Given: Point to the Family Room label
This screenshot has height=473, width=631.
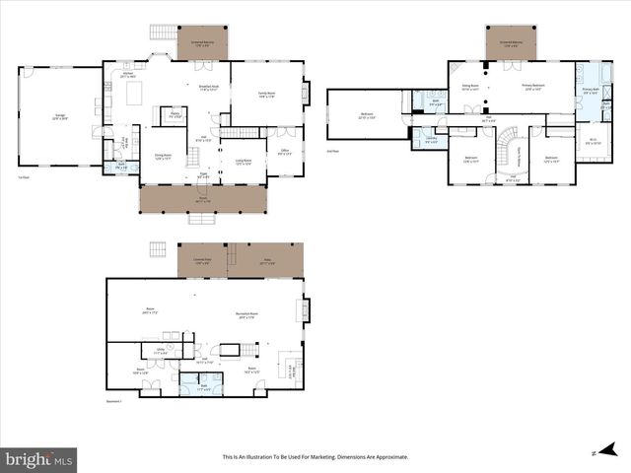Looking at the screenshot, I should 265,96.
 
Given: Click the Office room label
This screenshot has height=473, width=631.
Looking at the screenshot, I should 284,152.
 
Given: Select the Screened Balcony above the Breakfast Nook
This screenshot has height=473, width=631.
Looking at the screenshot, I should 201,42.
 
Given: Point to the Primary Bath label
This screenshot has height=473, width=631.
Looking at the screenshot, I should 591,91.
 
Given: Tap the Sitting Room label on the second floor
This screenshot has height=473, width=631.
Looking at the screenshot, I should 470,87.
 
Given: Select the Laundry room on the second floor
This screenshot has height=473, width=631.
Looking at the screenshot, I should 431,139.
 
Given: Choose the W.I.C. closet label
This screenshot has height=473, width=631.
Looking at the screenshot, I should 592,143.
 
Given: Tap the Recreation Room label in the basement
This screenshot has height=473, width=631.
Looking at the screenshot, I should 246,315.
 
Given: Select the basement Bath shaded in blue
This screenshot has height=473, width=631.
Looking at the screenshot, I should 205,387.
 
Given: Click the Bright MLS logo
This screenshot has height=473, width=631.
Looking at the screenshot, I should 39,459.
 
